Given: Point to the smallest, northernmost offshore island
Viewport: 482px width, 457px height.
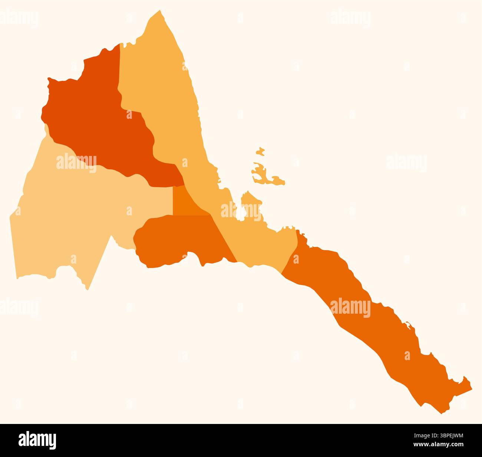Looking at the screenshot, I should click(260, 151).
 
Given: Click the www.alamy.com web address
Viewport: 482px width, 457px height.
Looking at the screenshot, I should click(441, 445).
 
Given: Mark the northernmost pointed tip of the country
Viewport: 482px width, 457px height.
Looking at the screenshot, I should click(160, 11).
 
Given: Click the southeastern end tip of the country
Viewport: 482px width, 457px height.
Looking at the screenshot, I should click(470, 388).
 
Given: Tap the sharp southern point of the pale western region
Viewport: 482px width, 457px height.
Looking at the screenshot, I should click(88, 288).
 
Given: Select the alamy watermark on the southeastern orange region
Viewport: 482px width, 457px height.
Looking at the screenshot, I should click(350, 308).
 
